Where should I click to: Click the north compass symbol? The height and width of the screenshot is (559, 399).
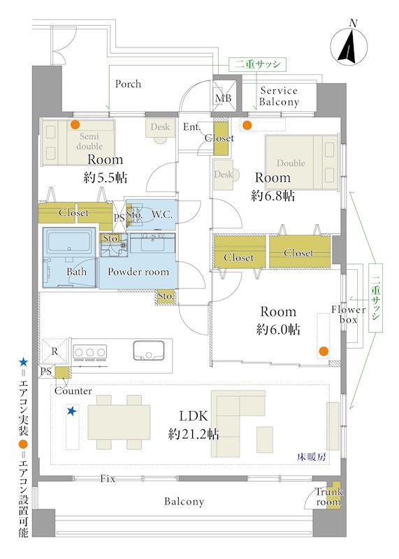[x=349, y=46]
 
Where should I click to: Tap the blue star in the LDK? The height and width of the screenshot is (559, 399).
[x=72, y=411]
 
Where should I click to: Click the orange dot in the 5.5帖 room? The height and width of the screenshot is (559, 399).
[x=75, y=125]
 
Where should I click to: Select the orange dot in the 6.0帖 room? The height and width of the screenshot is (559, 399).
[x=324, y=351]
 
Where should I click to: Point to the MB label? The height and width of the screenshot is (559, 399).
[x=223, y=98]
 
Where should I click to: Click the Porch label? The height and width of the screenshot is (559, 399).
[x=128, y=84]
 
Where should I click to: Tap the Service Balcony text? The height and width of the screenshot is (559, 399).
[x=279, y=96]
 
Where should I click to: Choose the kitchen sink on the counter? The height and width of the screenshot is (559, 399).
[x=149, y=351]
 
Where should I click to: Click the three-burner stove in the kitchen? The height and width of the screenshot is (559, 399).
[x=90, y=352]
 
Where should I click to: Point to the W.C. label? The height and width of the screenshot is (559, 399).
[x=162, y=215]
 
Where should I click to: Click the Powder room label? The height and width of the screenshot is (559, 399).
[x=138, y=272]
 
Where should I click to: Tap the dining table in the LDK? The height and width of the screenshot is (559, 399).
[x=119, y=422]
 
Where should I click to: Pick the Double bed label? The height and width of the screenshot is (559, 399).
[x=291, y=163]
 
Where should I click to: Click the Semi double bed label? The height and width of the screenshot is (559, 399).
[x=89, y=141]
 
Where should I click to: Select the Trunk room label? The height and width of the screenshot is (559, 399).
[x=328, y=497]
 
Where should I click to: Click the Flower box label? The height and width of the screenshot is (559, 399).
[x=349, y=314]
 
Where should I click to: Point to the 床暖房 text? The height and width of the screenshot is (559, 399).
[x=311, y=457]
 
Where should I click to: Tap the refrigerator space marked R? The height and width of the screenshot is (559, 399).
[x=55, y=351]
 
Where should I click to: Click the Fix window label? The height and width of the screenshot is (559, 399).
[x=108, y=479]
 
